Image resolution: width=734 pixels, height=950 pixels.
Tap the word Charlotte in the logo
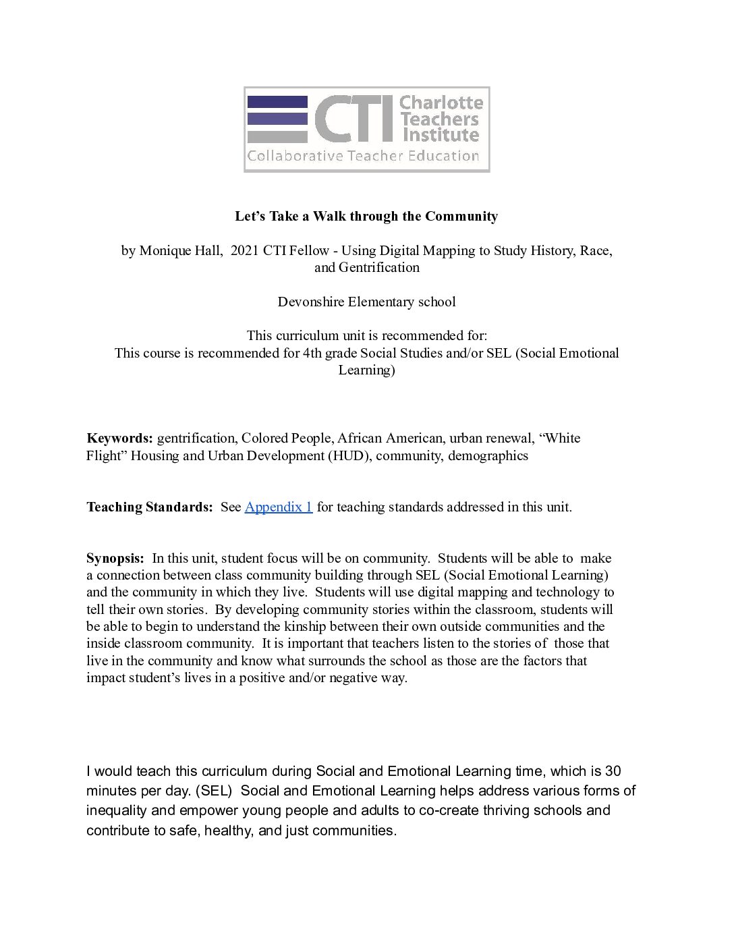(441, 103)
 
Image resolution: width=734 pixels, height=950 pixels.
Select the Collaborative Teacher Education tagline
(363, 156)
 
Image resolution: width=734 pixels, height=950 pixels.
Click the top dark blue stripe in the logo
(277, 102)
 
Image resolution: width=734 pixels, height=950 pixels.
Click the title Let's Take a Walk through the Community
(366, 216)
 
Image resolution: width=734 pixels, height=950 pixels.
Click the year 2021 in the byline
(244, 250)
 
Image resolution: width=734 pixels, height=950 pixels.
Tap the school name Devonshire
(310, 302)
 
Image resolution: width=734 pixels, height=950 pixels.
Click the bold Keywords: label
(119, 438)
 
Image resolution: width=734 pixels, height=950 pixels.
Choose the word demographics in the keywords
(488, 455)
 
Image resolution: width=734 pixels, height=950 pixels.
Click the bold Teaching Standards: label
(149, 507)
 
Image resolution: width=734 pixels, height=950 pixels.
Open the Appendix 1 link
(279, 507)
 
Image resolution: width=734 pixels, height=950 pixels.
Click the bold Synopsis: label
(115, 558)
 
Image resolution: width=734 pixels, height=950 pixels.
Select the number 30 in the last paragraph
(613, 771)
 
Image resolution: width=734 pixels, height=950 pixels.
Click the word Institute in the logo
(441, 135)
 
